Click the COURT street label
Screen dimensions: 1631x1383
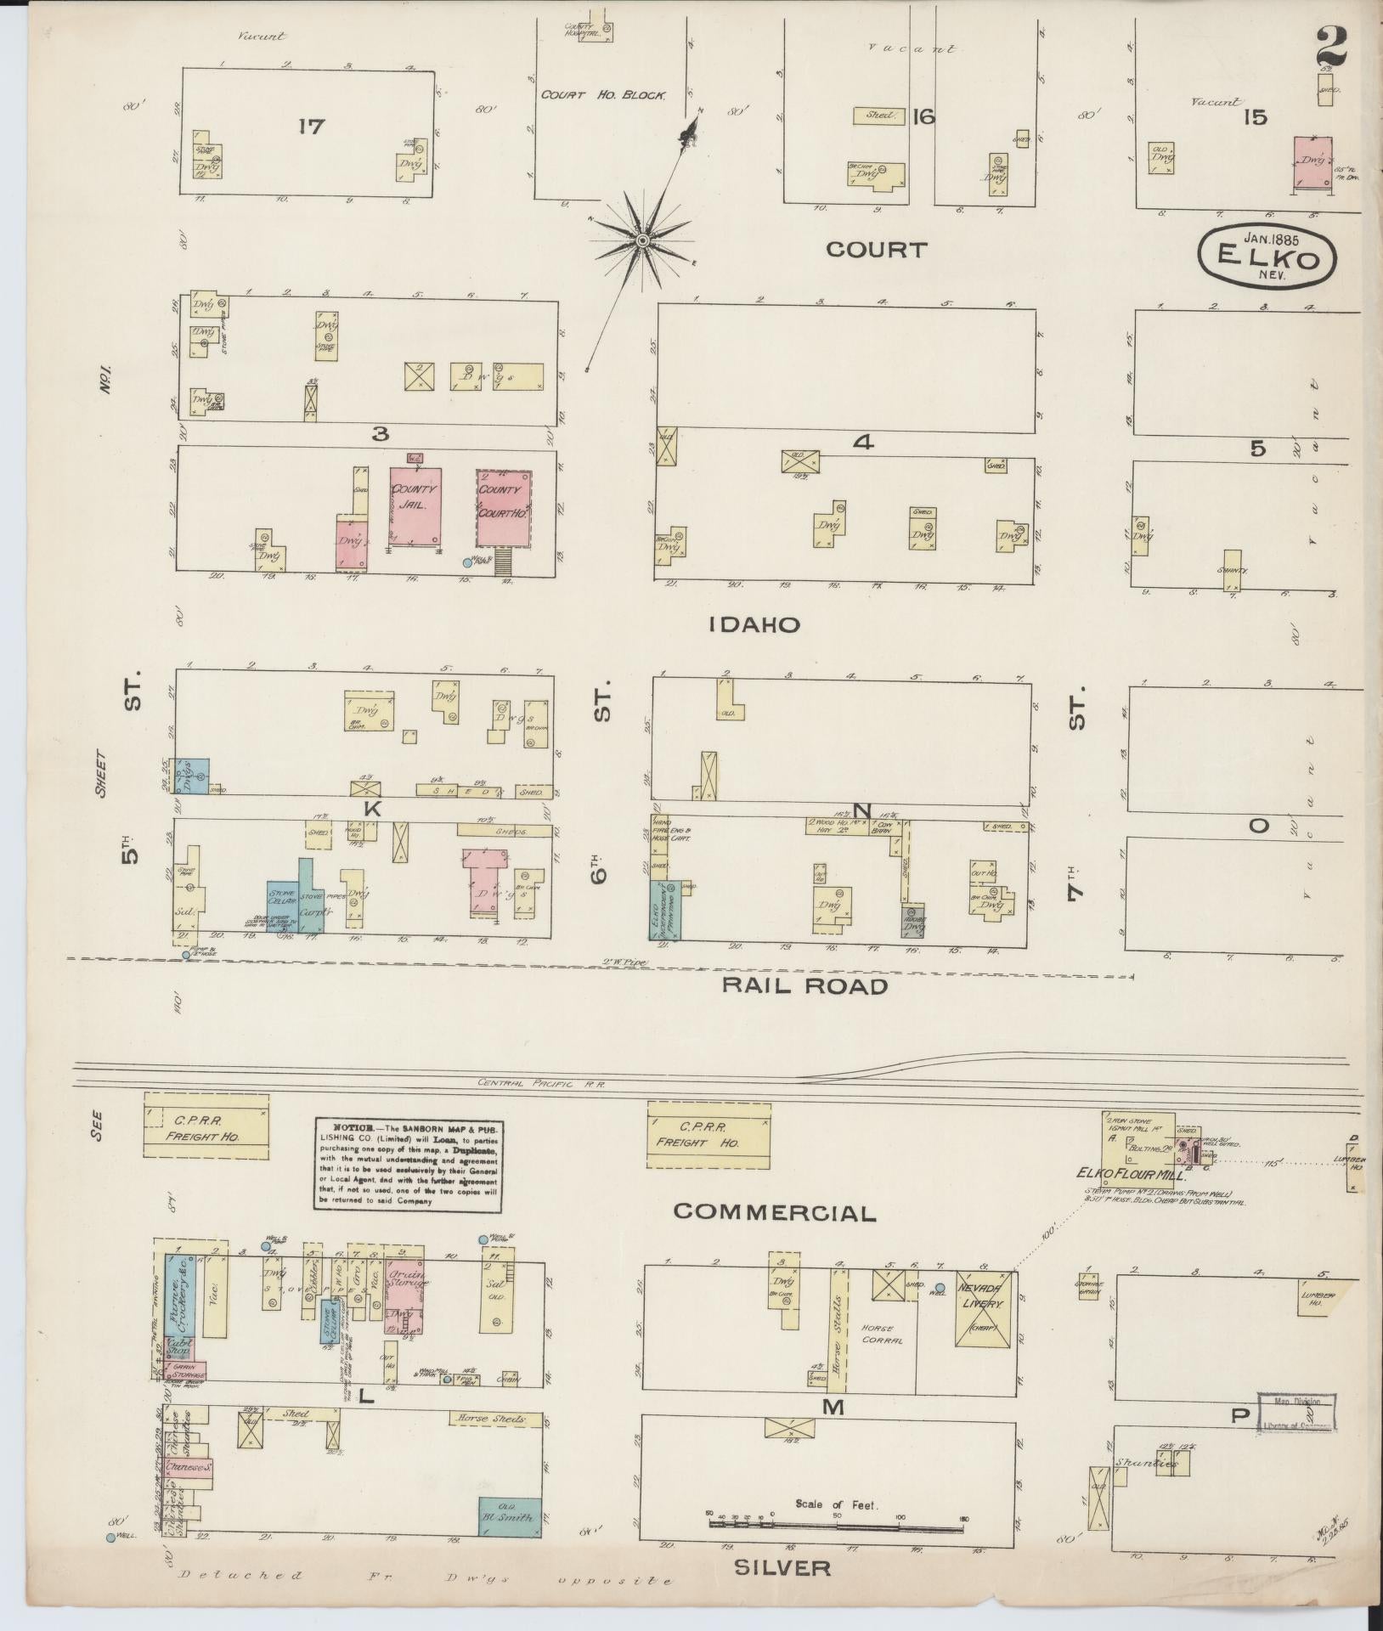click(876, 250)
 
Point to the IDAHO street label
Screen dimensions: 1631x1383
click(755, 625)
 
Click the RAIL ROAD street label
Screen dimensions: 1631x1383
click(804, 985)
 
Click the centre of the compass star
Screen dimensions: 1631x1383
click(642, 242)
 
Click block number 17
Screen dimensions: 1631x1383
click(312, 127)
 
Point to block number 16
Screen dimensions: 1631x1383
click(922, 116)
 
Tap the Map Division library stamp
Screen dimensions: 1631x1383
click(1297, 1414)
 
